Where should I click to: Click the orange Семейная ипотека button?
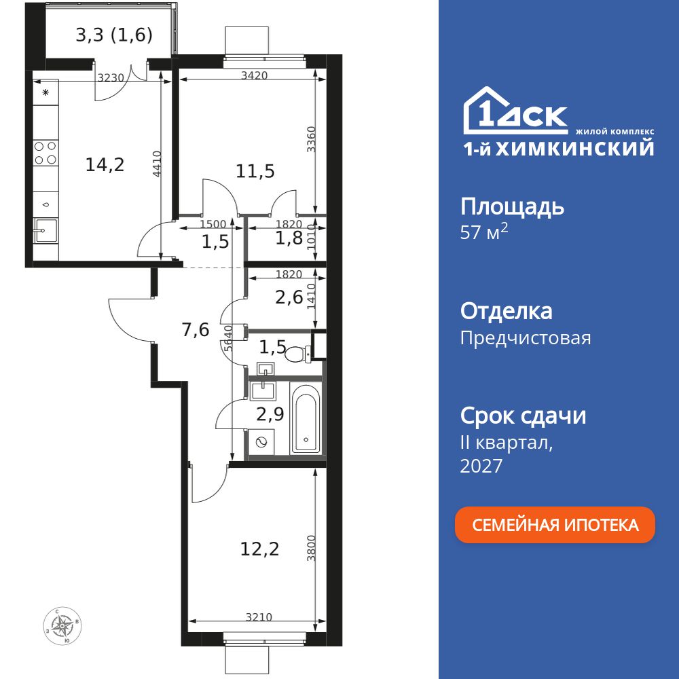point(555,525)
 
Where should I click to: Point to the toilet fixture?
point(297,354)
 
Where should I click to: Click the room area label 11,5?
point(255,171)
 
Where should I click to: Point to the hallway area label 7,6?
point(195,330)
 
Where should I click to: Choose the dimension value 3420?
point(253,75)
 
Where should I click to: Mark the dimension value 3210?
point(259,617)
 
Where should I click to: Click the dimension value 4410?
point(157,164)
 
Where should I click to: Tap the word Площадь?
point(512,206)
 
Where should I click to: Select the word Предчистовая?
point(525,337)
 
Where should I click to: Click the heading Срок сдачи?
point(523,416)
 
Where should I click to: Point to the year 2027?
point(481,466)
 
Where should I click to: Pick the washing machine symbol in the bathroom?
point(260,442)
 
